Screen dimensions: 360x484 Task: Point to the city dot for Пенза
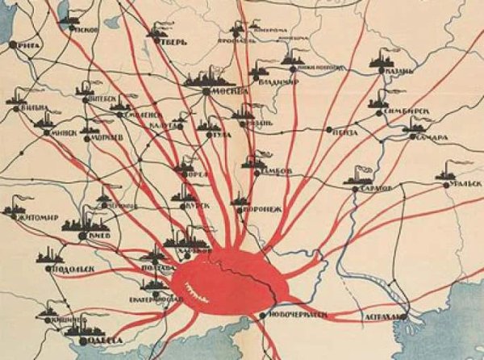(329, 129)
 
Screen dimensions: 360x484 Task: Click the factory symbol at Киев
(77, 223)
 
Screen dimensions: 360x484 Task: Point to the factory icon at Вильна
(17, 98)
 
